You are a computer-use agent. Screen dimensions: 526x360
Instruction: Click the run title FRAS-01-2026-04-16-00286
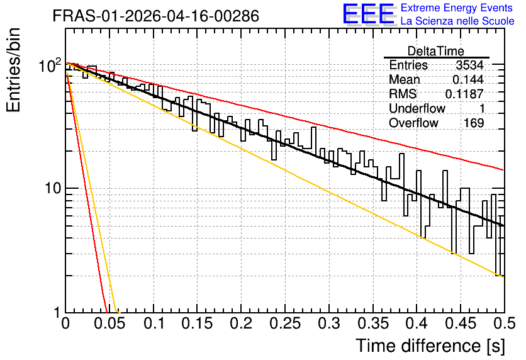156,16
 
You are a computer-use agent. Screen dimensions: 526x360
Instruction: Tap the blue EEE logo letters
369,14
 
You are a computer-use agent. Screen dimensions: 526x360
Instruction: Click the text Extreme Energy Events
457,8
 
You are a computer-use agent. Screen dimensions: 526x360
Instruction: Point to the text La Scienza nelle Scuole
457,21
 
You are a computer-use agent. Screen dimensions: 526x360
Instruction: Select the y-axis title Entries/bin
13,70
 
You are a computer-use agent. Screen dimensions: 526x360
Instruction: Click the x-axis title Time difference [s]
430,346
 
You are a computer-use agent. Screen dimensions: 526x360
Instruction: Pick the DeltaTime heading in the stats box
436,51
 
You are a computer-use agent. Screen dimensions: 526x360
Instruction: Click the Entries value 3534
469,65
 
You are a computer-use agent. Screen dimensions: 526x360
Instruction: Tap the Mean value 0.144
468,79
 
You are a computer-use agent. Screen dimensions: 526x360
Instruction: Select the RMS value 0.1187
464,94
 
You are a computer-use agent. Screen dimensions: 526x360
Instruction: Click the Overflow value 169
474,123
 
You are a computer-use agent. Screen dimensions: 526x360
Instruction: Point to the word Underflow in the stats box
417,108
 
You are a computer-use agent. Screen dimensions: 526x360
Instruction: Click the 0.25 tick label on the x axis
285,323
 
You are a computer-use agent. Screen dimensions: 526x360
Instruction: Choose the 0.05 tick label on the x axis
109,323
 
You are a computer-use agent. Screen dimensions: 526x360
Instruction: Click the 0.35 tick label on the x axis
373,323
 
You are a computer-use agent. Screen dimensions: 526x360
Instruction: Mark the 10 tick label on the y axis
53,189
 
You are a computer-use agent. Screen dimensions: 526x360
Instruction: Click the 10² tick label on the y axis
50,65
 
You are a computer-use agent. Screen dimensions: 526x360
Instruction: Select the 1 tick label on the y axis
57,313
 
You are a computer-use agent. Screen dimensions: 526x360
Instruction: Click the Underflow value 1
482,108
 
